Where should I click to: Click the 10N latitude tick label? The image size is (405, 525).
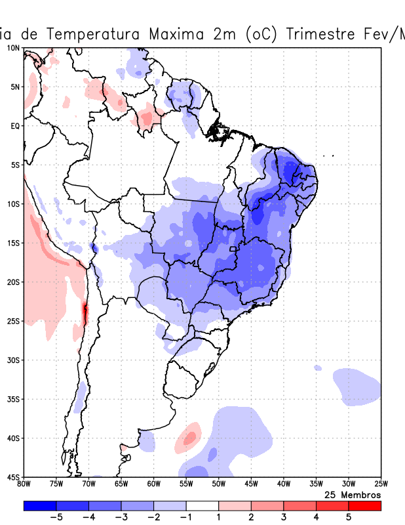(x=13, y=48)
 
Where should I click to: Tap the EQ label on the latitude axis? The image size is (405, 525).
(x=14, y=125)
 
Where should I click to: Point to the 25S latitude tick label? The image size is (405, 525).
(x=13, y=321)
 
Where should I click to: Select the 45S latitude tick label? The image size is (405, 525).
(x=13, y=477)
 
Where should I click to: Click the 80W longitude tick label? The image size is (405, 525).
(x=24, y=484)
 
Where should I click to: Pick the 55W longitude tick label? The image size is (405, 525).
(x=186, y=484)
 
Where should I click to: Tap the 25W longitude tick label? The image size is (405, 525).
(x=381, y=484)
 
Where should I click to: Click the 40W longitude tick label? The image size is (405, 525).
(x=283, y=484)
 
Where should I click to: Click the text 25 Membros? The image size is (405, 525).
(x=353, y=494)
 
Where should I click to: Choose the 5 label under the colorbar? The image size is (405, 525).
(x=349, y=517)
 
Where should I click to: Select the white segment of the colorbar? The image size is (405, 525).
(x=202, y=506)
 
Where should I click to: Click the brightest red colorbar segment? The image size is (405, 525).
(x=365, y=506)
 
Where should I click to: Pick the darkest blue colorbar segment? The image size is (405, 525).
(x=39, y=506)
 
